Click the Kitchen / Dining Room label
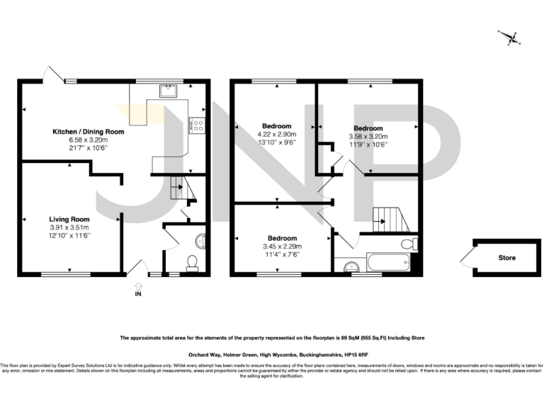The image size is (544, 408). tap(88, 132)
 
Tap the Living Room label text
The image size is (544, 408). tap(69, 219)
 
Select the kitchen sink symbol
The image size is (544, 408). tap(169, 90)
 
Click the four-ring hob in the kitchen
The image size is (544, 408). tap(197, 126)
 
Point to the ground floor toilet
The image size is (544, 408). tap(191, 263)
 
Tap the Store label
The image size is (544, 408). tap(506, 258)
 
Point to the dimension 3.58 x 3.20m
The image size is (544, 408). tap(368, 136)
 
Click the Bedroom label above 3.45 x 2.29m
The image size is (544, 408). tap(282, 238)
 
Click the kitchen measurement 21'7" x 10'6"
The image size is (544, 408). tap(88, 148)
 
